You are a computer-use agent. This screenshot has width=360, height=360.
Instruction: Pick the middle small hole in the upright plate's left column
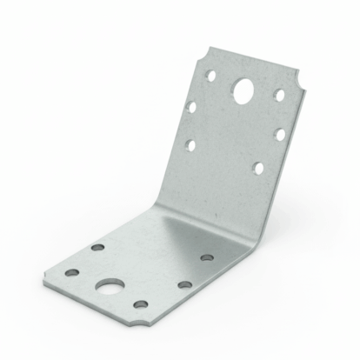click(x=191, y=108)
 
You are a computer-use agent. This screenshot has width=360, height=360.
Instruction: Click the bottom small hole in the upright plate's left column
click(x=190, y=144)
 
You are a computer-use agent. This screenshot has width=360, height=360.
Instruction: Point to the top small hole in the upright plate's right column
click(x=280, y=93)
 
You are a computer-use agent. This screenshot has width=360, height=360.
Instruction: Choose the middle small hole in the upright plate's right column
click(x=280, y=134)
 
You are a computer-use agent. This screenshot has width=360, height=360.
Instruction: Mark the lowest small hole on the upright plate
click(x=257, y=167)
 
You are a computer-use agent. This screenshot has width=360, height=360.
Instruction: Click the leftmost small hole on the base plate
click(x=72, y=273)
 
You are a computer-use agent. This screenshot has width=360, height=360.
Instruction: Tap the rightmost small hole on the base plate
click(x=206, y=257)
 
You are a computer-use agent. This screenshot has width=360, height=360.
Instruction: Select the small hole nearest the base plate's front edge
click(x=140, y=304)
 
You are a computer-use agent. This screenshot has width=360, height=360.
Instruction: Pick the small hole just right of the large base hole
click(x=183, y=284)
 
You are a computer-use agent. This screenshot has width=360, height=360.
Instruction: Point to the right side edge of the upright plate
click(x=296, y=157)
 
